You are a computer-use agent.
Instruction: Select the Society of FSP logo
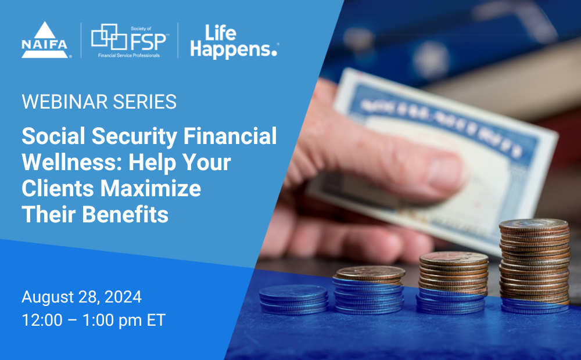coord(129,40)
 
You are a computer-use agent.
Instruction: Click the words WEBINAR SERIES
coord(99,102)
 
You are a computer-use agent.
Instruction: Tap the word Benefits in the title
coord(125,215)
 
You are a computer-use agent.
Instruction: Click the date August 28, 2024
coord(81,297)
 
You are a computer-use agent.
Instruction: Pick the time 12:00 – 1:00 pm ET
coord(94,321)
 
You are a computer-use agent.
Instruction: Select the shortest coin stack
coord(293,299)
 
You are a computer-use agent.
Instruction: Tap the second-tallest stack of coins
coord(453,282)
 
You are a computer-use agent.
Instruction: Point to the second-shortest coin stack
coord(370,289)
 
